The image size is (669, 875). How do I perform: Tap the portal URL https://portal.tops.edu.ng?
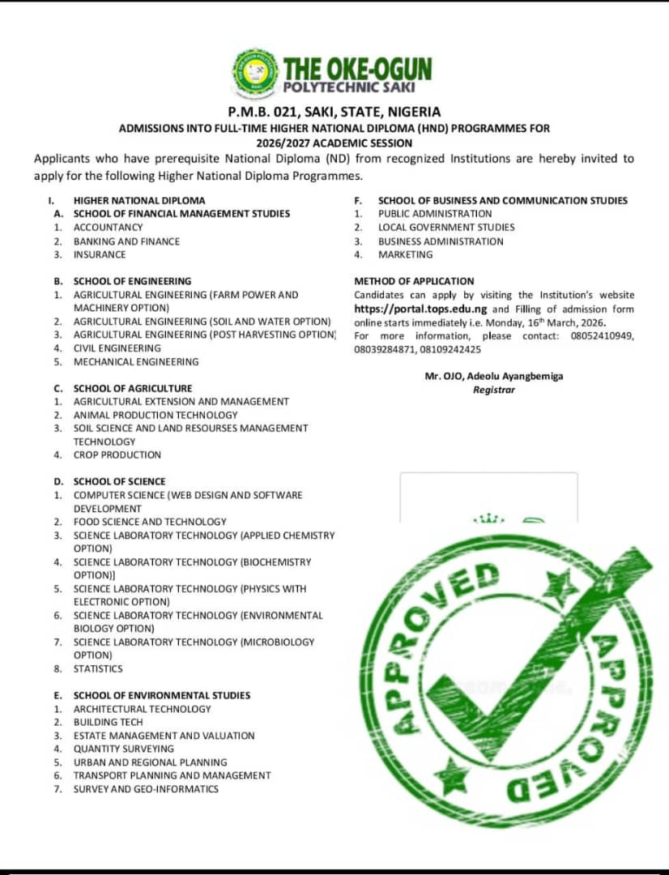click(x=421, y=309)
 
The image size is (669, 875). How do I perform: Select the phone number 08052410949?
click(x=602, y=335)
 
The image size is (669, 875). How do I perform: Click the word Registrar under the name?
click(x=494, y=390)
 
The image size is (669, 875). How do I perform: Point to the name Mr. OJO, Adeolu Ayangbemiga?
click(x=494, y=377)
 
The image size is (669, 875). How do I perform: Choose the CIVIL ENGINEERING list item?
click(x=117, y=348)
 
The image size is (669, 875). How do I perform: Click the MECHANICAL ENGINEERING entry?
click(x=136, y=361)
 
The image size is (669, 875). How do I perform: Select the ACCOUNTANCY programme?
click(x=108, y=228)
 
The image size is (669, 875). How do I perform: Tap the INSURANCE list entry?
click(x=100, y=254)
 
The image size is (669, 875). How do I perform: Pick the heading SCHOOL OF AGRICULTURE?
click(x=133, y=388)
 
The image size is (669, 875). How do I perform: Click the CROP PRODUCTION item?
click(x=117, y=455)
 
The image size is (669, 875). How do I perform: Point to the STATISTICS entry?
click(x=98, y=668)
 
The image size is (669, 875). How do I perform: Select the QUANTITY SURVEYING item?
click(x=123, y=749)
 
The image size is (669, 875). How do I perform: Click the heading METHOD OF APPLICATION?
click(x=414, y=281)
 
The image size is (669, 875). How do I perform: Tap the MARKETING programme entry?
click(x=405, y=254)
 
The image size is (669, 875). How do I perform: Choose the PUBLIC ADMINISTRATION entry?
click(x=435, y=214)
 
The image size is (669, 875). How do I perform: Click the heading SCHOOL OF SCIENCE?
click(x=119, y=481)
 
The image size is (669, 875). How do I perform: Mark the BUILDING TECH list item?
click(x=108, y=722)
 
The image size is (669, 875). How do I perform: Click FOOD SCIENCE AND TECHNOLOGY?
click(x=150, y=522)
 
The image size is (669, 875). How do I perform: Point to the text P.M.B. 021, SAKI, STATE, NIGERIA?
click(x=334, y=112)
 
